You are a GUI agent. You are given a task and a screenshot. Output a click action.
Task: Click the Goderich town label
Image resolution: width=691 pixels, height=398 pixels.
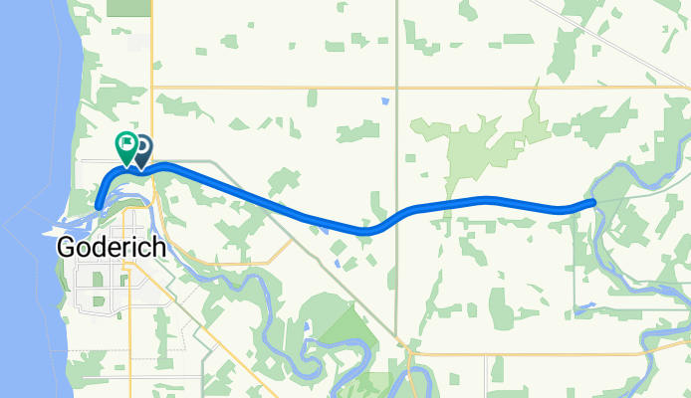click(x=111, y=247)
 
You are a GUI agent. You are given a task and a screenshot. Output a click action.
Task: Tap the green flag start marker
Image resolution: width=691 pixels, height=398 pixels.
click(x=126, y=145)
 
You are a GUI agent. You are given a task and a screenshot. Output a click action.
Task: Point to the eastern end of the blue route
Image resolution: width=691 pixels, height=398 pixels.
click(x=593, y=202)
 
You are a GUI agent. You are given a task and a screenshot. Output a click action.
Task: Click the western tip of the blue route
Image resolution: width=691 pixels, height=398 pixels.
click(x=99, y=207)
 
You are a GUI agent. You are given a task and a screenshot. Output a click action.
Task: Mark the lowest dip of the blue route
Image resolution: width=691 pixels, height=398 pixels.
click(x=366, y=232)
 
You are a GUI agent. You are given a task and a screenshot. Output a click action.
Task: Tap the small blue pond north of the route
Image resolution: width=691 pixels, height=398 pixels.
click(x=384, y=100)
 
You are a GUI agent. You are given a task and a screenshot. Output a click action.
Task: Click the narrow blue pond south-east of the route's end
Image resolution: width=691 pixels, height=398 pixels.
click(x=586, y=307)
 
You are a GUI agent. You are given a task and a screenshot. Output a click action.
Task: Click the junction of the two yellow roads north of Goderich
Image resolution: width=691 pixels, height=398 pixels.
click(x=151, y=88)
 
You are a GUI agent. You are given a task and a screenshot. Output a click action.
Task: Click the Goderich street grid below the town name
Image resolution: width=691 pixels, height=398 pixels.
click(x=110, y=289)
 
